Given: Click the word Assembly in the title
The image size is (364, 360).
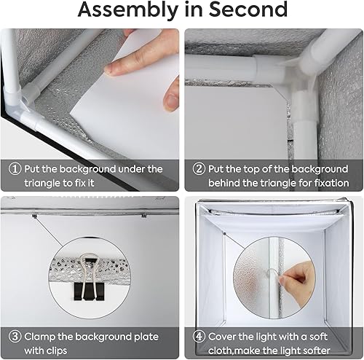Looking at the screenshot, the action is pyautogui.click(x=128, y=10).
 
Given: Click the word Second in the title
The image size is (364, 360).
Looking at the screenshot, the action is pyautogui.click(x=248, y=9).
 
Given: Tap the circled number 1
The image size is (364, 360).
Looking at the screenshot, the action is pyautogui.click(x=15, y=168).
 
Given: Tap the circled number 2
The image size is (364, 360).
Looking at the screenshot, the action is pyautogui.click(x=199, y=168).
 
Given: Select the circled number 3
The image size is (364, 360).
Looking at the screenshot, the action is pyautogui.click(x=15, y=337).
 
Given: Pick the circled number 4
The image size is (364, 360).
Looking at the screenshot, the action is pyautogui.click(x=199, y=337).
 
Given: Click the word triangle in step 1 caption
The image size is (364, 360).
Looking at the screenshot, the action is pyautogui.click(x=43, y=183).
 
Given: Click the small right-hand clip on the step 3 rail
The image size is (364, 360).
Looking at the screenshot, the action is pyautogui.click(x=144, y=215).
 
